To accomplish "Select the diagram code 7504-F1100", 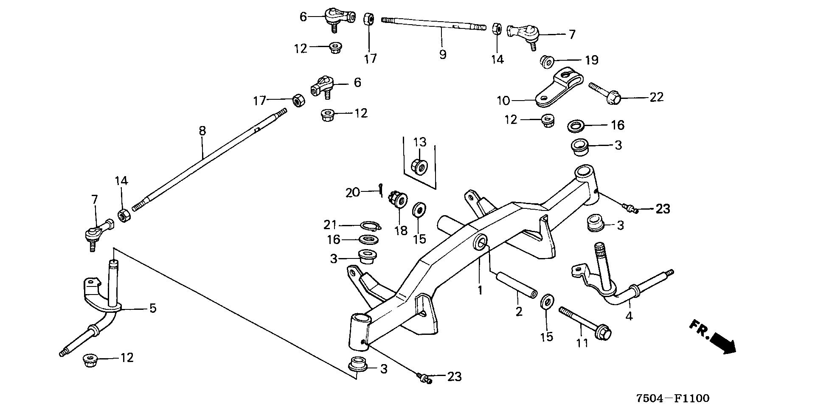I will (x=672, y=398).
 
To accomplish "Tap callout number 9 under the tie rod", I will (x=443, y=54).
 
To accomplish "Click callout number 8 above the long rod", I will (x=202, y=131).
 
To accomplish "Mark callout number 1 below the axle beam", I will (x=480, y=290).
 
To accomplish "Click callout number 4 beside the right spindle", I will (x=629, y=316).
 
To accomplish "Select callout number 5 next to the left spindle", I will (x=152, y=308).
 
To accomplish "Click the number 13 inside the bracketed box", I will (x=419, y=142).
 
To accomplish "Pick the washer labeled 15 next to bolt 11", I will (x=548, y=303).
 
